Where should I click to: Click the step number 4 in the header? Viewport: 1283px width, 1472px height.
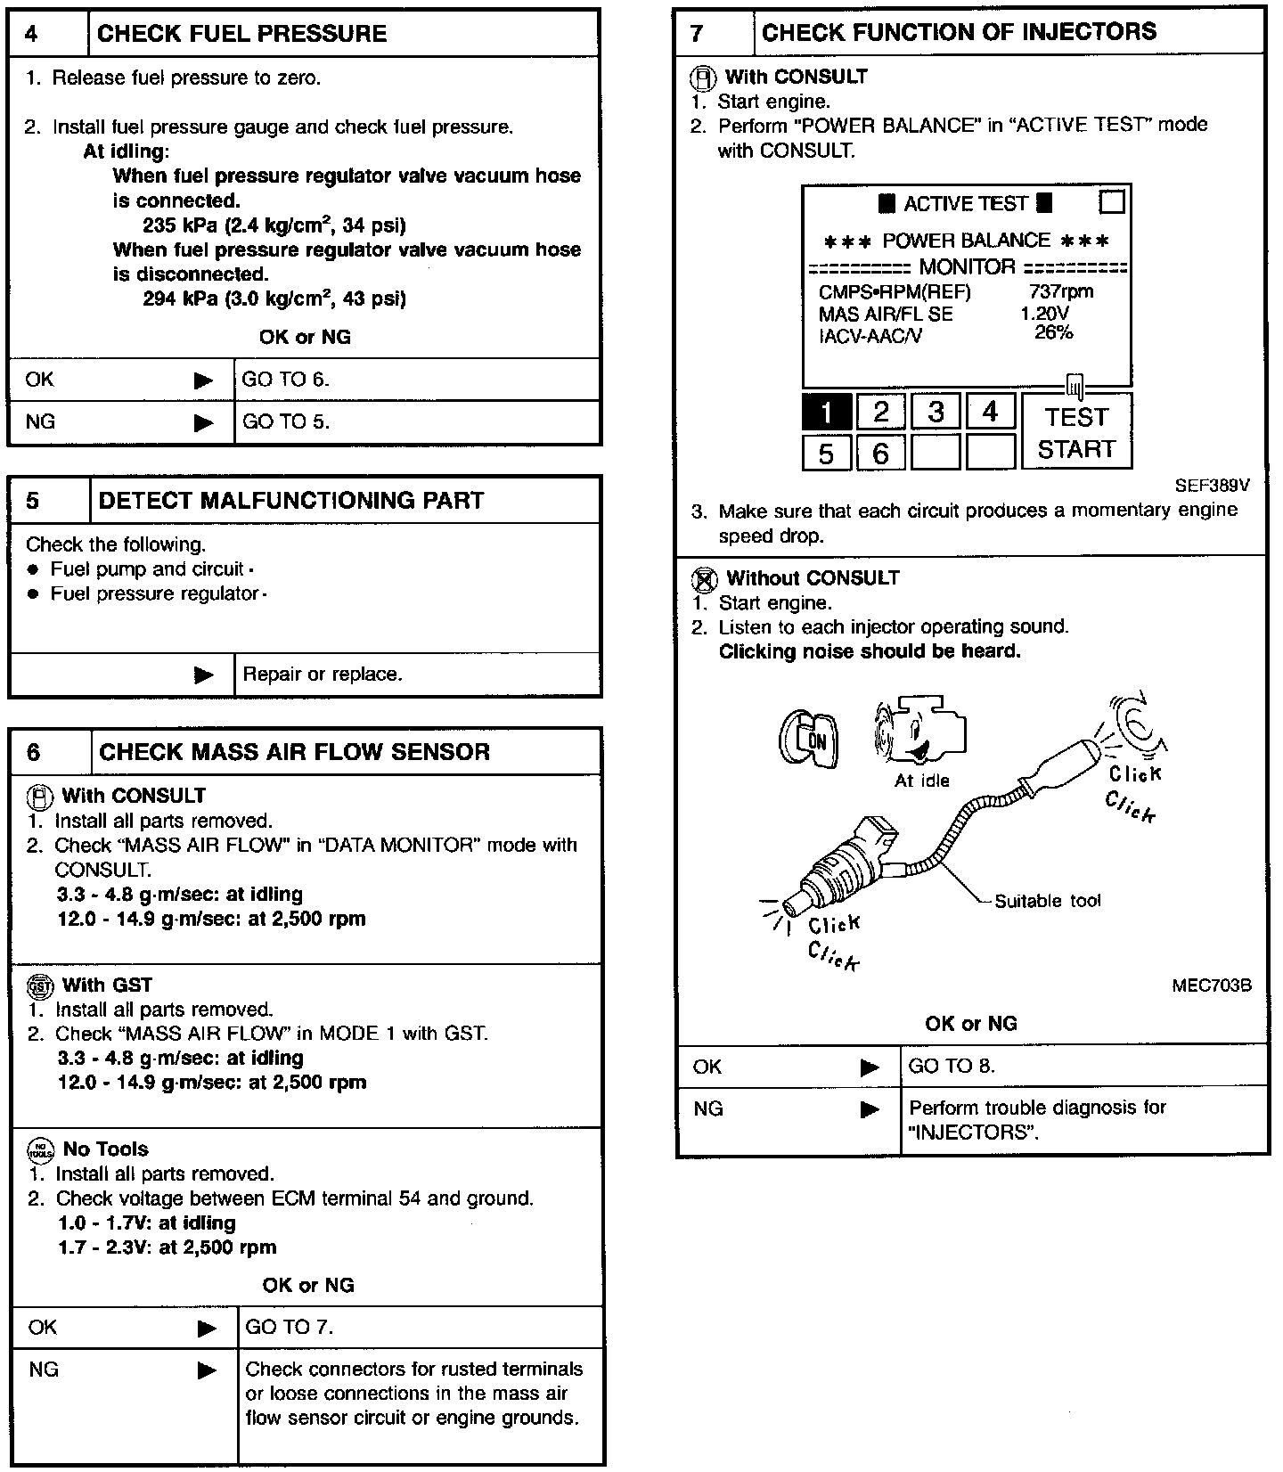click(32, 34)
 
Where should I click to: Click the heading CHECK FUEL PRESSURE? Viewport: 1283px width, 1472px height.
click(241, 34)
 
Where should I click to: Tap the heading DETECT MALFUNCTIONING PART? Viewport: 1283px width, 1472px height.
click(290, 501)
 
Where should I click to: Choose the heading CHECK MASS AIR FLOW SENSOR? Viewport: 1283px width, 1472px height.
click(294, 752)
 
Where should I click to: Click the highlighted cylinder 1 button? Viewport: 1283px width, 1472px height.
click(827, 412)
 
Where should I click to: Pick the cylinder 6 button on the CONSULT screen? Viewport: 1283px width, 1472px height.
click(880, 454)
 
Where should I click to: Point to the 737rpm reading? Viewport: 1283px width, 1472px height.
click(1060, 291)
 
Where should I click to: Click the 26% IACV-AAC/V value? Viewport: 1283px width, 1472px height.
click(1054, 332)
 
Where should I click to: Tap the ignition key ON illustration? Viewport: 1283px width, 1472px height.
click(808, 739)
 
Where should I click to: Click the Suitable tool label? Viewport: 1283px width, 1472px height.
click(1047, 901)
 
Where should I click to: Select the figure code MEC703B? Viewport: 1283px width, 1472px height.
click(1212, 985)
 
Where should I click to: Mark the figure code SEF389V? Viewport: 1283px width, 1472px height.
click(1213, 486)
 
